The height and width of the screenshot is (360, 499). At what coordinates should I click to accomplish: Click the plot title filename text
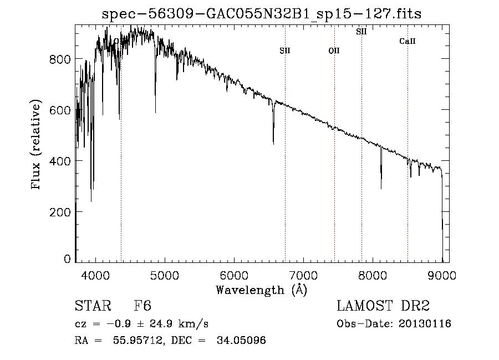point(262,14)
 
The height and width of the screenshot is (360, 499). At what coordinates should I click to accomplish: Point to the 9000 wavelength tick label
point(442,275)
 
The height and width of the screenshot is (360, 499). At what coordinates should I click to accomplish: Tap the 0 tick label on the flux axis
point(67,259)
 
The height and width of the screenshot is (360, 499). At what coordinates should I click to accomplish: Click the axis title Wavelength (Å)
point(261,290)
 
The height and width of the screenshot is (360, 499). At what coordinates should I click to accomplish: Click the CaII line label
point(408,42)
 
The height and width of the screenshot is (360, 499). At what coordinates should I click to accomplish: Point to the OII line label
point(334,51)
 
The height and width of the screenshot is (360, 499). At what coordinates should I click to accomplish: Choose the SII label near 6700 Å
point(285,51)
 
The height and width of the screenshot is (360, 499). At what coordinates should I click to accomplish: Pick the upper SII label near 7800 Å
point(361,32)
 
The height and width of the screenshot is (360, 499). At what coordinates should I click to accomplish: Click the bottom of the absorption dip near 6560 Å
point(273,144)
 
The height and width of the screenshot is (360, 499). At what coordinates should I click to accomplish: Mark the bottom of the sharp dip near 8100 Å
point(381,188)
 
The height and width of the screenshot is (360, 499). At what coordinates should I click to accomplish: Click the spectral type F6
point(142,307)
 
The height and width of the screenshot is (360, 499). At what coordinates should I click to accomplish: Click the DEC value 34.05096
point(242,340)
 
